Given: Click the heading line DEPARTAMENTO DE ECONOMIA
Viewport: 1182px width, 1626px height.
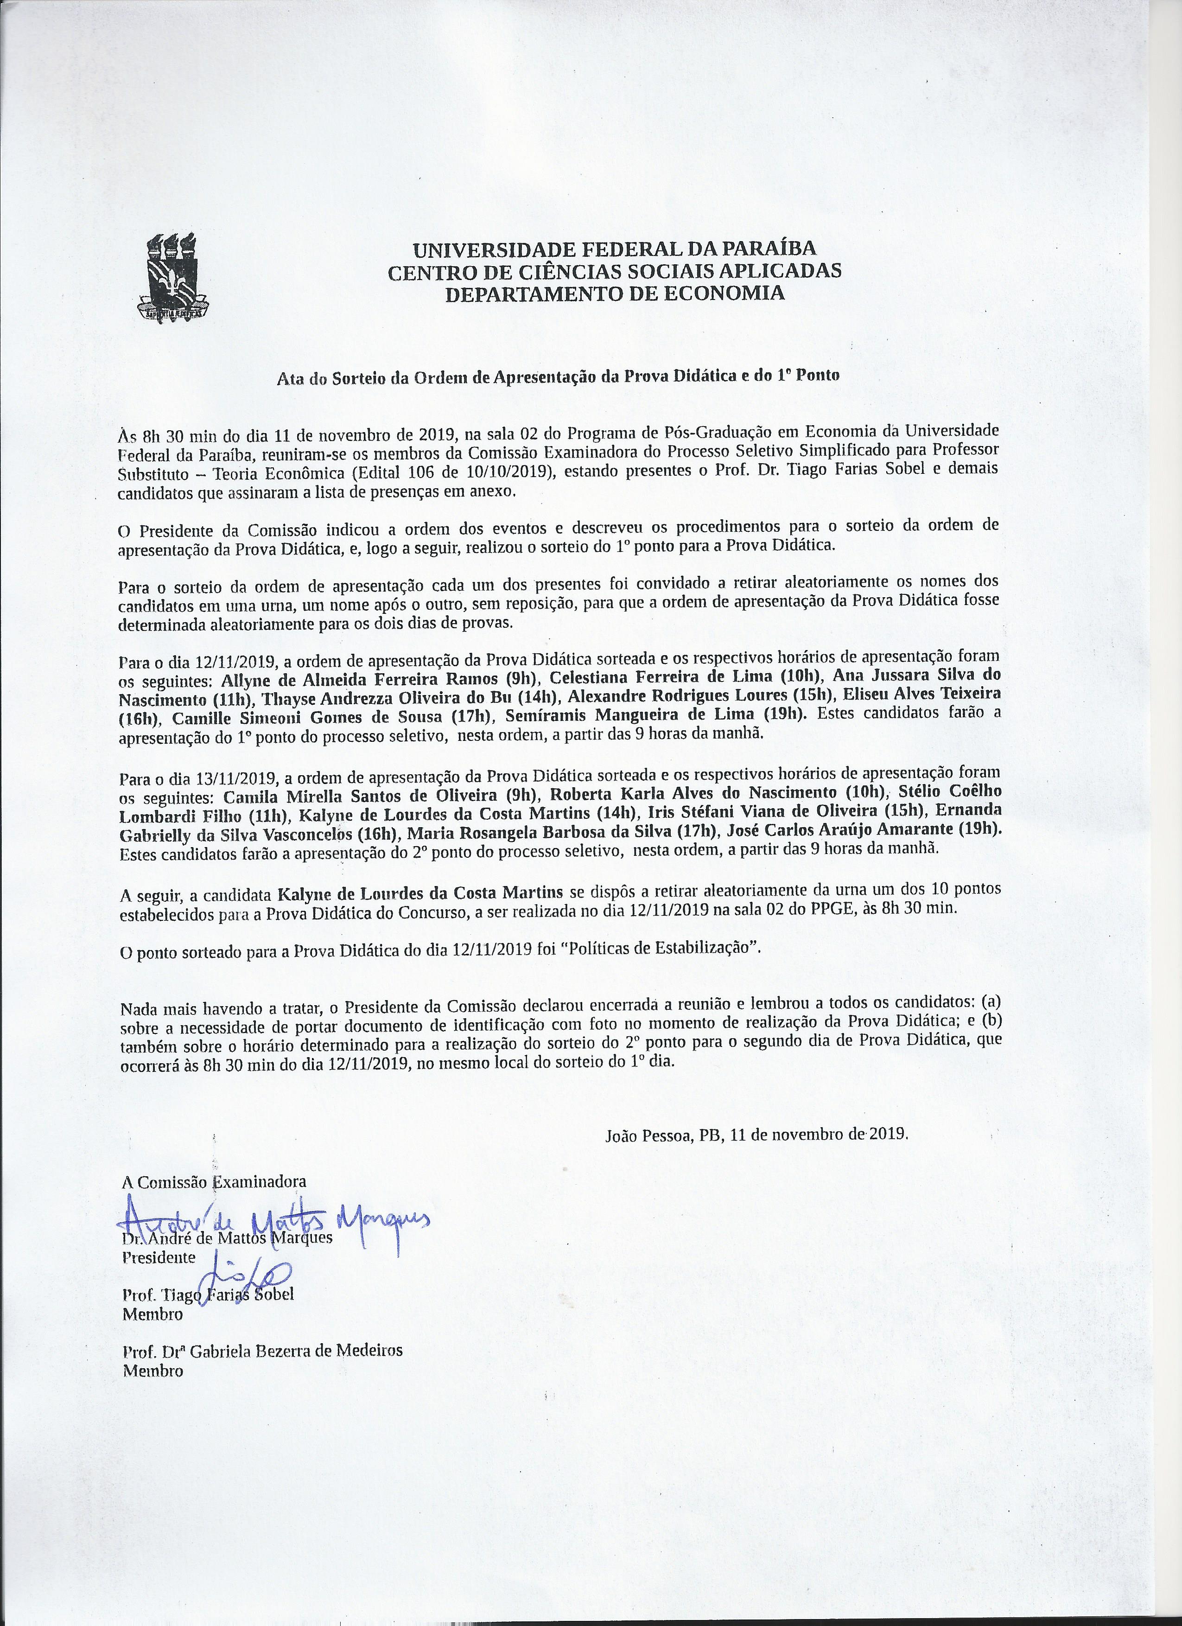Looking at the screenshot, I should (614, 293).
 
